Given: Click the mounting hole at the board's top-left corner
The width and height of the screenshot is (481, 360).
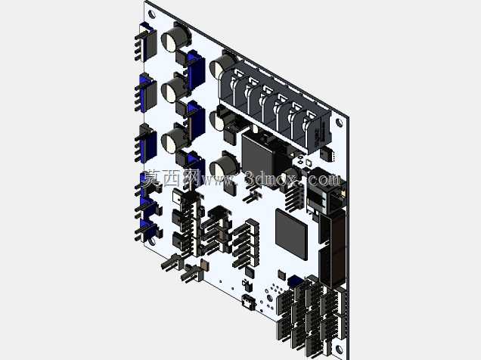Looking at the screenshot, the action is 151,14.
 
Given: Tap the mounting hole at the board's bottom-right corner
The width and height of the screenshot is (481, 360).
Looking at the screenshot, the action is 339,349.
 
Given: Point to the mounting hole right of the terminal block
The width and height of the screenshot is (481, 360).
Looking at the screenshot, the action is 339,123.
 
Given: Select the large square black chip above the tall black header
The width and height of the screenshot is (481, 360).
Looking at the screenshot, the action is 291,234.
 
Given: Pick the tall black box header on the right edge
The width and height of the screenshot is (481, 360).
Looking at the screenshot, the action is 332,248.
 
